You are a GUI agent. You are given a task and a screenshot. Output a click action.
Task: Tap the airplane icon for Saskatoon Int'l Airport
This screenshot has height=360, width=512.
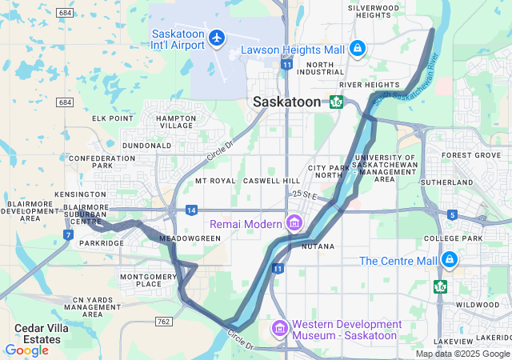click(x=216, y=38)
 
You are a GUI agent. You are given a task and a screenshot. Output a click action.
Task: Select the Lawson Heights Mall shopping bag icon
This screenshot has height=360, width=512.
click(x=357, y=49)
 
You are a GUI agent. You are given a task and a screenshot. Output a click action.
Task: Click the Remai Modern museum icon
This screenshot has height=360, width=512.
click(x=294, y=222)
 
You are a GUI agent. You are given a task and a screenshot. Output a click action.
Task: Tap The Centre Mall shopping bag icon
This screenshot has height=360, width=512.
click(x=449, y=260)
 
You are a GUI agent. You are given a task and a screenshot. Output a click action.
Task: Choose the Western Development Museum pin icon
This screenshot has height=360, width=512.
click(x=279, y=329)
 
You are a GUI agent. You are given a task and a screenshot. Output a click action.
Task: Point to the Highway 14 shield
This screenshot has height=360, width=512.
click(x=191, y=210)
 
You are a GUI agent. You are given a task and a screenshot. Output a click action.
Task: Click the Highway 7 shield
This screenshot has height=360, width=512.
click(x=68, y=234)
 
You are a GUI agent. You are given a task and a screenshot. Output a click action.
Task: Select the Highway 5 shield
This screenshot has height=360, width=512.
click(x=452, y=214)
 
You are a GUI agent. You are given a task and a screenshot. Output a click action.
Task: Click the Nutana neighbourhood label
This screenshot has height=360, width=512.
click(x=318, y=246)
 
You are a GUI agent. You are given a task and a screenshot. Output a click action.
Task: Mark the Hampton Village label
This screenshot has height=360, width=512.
click(x=176, y=122)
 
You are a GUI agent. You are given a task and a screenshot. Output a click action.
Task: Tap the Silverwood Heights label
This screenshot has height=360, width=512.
click(x=373, y=11)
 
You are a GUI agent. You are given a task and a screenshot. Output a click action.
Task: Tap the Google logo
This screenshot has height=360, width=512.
click(x=26, y=350)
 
